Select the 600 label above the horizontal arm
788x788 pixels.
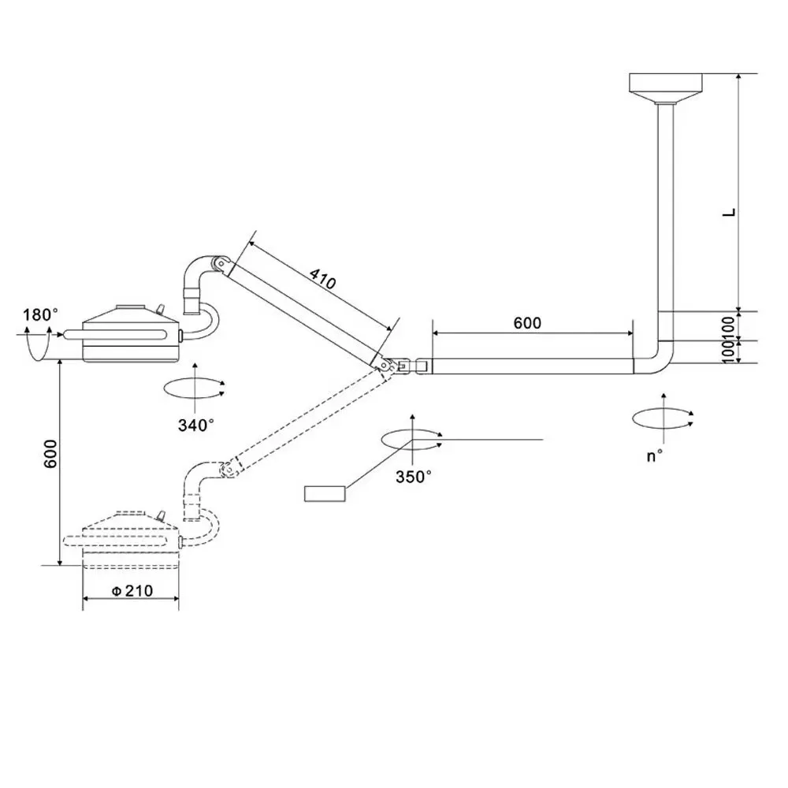coord(528,322)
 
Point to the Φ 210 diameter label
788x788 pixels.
coord(132,591)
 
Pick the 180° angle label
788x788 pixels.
coord(39,315)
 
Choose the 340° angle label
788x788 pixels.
coord(195,425)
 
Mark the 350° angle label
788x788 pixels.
coord(413,476)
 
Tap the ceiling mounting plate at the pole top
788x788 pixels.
coord(666,83)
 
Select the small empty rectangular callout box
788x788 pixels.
coord(324,494)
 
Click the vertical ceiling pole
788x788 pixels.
coord(666,205)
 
